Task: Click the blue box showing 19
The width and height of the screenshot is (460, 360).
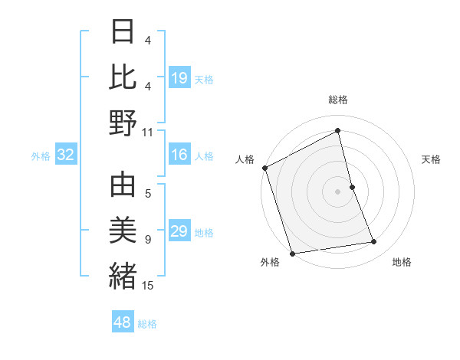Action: (x=179, y=77)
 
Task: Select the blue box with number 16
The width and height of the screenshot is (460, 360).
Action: (x=179, y=155)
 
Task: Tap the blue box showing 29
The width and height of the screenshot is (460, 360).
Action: (x=179, y=231)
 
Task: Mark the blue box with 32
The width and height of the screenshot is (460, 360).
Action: (x=66, y=155)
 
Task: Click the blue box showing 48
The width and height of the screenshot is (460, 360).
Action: (x=123, y=322)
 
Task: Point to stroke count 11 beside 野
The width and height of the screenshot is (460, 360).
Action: (x=148, y=132)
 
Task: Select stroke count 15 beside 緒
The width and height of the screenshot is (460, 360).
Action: (x=148, y=286)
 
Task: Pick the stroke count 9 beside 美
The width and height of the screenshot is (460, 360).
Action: (x=148, y=240)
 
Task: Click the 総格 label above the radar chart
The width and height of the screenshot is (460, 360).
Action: (x=338, y=100)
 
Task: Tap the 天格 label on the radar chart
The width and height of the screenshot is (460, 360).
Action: (x=432, y=159)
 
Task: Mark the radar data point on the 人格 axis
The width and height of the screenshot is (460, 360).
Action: (x=265, y=168)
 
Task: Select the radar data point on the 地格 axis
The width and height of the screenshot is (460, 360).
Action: (x=374, y=242)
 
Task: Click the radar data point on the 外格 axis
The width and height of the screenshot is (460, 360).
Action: (x=292, y=253)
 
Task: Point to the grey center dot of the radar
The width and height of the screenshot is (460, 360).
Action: (x=338, y=191)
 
